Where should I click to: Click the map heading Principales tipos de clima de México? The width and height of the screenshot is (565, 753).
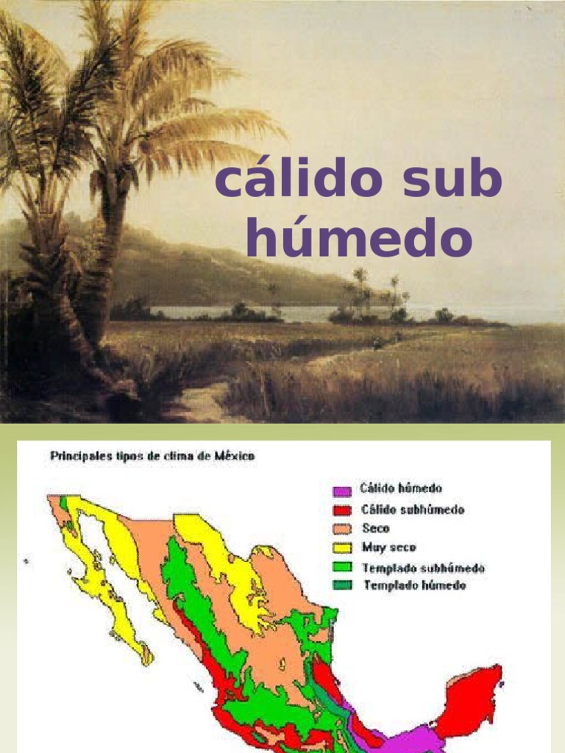(x=152, y=456)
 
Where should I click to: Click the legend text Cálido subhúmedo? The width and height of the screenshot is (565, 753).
(x=412, y=509)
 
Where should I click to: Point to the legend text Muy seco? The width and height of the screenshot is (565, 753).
(x=388, y=547)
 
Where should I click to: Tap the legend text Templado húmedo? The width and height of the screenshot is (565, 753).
(x=413, y=585)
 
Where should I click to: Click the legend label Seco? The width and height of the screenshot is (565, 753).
(x=375, y=528)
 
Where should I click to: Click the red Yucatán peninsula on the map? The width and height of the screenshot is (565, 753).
(x=471, y=699)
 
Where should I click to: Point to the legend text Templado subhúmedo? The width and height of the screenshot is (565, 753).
(x=423, y=567)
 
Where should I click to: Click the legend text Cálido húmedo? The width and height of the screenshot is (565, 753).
(x=401, y=489)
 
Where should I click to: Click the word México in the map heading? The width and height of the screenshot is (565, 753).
(x=234, y=456)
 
